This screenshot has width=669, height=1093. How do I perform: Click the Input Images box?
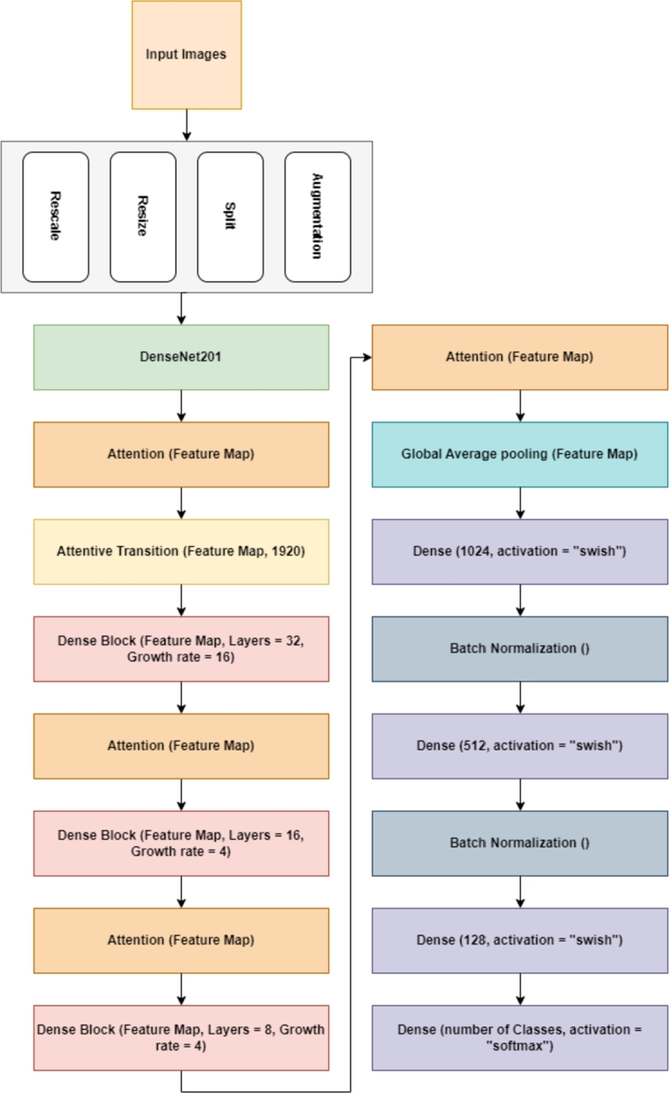[x=187, y=54]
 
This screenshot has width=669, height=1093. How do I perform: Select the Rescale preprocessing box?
[x=56, y=217]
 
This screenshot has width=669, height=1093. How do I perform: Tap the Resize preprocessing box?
[x=143, y=217]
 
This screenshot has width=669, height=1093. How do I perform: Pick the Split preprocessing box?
[x=231, y=217]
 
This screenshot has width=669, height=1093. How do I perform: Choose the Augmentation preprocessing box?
[x=317, y=217]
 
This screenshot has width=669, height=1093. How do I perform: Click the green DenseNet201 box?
[x=181, y=358]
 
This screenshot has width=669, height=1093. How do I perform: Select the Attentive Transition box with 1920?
[x=181, y=551]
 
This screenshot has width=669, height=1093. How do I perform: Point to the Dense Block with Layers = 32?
[x=181, y=649]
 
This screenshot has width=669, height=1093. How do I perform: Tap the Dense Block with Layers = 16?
[x=181, y=843]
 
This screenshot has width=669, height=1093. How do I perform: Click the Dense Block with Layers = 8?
[x=181, y=1036]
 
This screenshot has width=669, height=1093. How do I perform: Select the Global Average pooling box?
[x=519, y=454]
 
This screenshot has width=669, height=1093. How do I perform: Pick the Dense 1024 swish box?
[x=519, y=551]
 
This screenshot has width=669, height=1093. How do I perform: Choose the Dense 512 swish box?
[x=519, y=746]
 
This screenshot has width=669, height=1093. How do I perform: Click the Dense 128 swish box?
[x=519, y=940]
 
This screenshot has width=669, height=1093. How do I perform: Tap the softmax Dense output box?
[x=519, y=1037]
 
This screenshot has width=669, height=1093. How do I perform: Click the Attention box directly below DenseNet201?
[x=181, y=454]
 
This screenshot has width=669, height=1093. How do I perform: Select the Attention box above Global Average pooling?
[x=519, y=358]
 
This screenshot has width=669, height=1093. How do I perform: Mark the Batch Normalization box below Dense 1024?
[x=519, y=649]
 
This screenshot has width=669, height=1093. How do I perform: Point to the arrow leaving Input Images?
[x=187, y=124]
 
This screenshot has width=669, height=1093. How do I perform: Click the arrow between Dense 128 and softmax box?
[x=519, y=988]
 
